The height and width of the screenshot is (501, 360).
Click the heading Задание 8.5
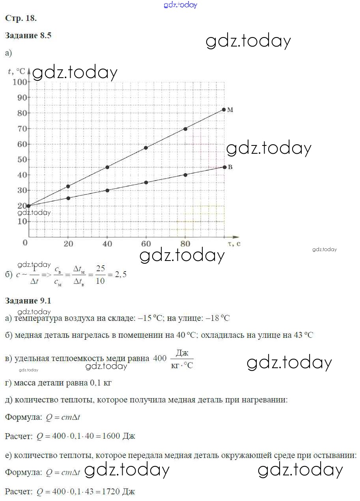tap(28, 35)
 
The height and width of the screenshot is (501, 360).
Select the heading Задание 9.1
tap(28, 301)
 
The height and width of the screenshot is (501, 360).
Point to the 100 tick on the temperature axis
tap(20, 82)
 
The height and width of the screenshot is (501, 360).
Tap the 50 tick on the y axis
tap(23, 159)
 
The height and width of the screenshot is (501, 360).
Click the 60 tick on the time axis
tap(146, 244)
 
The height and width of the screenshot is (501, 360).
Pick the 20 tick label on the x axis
tap(68, 244)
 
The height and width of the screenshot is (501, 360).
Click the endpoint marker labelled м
tap(224, 110)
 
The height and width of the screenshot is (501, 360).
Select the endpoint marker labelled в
tap(224, 167)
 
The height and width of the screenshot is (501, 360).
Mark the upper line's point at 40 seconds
tap(107, 167)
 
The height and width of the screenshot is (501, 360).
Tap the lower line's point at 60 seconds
tap(146, 183)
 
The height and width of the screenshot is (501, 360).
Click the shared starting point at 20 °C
tap(29, 206)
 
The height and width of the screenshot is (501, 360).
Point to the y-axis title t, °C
tap(17, 71)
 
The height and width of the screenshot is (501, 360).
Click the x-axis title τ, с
tap(234, 244)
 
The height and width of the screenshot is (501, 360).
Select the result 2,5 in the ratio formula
tap(120, 275)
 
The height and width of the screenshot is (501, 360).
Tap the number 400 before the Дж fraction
tap(160, 358)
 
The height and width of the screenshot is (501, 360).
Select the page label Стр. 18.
tap(21, 18)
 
